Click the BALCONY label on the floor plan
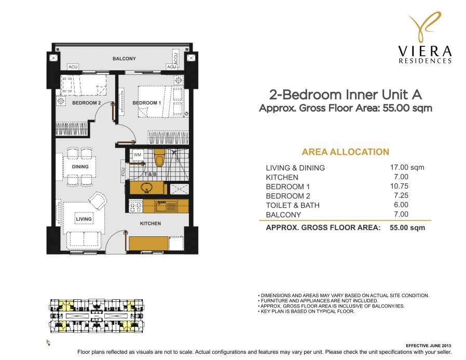(124, 59)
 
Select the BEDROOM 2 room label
(86, 103)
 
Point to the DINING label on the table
(80, 167)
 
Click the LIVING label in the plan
(84, 219)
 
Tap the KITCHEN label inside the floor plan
(150, 223)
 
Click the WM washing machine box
(138, 155)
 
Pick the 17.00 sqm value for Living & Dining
(407, 167)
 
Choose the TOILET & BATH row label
(292, 205)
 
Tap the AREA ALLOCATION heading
(345, 152)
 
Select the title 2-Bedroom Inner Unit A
(345, 95)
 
